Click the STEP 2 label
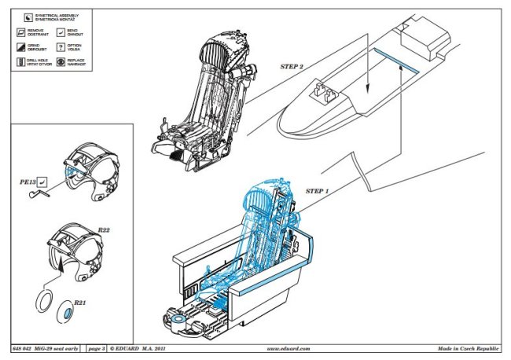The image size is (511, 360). tap(292, 68)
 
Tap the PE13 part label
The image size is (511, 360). tap(28, 181)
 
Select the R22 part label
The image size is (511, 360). tap(104, 231)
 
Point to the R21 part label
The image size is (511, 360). tap(80, 303)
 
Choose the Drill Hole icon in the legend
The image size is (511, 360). tap(20, 62)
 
